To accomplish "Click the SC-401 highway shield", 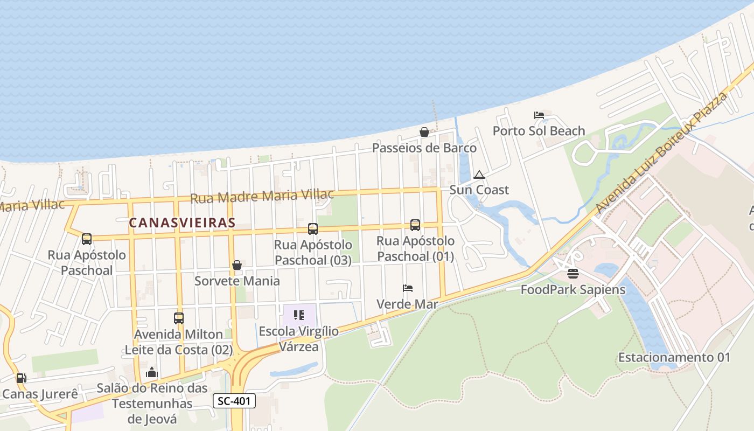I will coord(234,401).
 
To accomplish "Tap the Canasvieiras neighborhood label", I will coord(182,223).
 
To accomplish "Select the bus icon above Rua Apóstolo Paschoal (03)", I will coord(313,229).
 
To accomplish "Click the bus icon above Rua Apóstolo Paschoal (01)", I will coord(415,225).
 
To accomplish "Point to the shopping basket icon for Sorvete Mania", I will coord(236,265).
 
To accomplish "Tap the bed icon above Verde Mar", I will coord(408,288).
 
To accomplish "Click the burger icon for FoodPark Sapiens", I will coord(573,274).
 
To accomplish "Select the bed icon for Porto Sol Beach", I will coord(539,115).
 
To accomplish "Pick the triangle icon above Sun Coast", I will coord(479,175).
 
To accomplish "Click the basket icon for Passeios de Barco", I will coord(424,132).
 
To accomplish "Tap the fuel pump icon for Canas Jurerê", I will coord(21,378).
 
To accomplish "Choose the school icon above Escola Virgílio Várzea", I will coord(299,315).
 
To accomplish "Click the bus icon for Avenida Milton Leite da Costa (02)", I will coord(179,318).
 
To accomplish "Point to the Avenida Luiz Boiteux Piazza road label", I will coord(662,152).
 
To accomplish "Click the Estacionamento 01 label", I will coord(674,357).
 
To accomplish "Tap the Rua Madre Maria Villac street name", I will coord(262,196).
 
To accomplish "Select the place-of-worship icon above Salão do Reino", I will coord(152,372).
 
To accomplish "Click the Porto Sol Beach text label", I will coord(539,131).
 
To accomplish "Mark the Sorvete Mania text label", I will coord(237,281).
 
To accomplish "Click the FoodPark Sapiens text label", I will coord(573,289).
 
